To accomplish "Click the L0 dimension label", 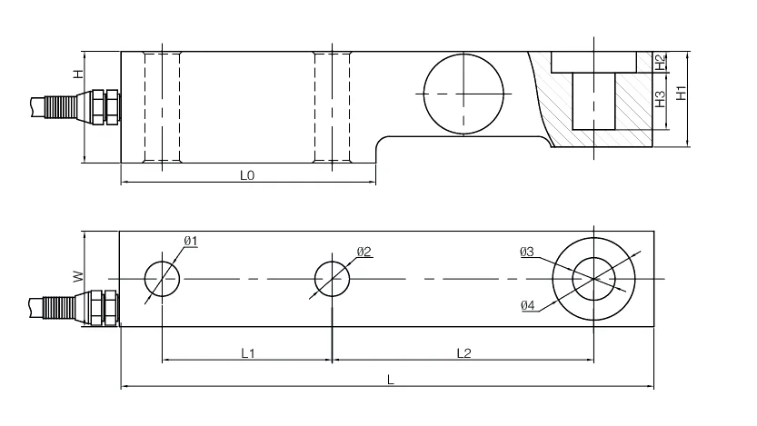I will coord(246,175).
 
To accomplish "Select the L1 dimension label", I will coord(247,352).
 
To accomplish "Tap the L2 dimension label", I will coord(463,352).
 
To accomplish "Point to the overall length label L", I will coord(390,381).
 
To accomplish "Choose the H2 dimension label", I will coord(661,61).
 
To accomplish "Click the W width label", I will coord(78,275).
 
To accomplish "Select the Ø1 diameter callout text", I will coord(191,241).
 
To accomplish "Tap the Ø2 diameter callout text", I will coord(364,252).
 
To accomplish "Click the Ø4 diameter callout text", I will coord(528,305).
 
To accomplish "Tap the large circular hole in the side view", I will coord(464,92).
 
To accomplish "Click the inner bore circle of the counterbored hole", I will coord(593,278).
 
